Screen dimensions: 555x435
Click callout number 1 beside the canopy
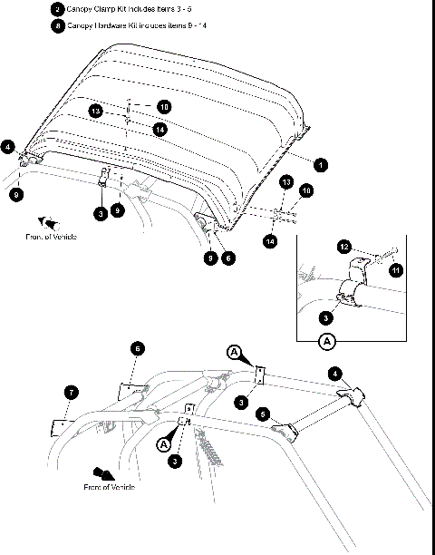click(319, 165)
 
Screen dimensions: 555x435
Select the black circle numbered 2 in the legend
click(58, 9)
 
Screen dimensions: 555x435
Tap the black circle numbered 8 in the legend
click(58, 26)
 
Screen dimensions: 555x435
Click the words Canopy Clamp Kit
click(94, 9)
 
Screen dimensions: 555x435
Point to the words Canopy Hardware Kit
click(99, 26)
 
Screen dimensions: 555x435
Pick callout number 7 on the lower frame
click(72, 392)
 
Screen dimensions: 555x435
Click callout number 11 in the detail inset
click(395, 269)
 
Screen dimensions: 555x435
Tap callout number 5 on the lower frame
click(264, 413)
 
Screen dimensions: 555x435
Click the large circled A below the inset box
click(327, 342)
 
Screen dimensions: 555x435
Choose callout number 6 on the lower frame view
click(136, 348)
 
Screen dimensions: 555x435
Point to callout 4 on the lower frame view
click(334, 373)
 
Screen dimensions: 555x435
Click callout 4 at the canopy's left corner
click(8, 145)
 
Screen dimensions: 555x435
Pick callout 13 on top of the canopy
click(94, 111)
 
